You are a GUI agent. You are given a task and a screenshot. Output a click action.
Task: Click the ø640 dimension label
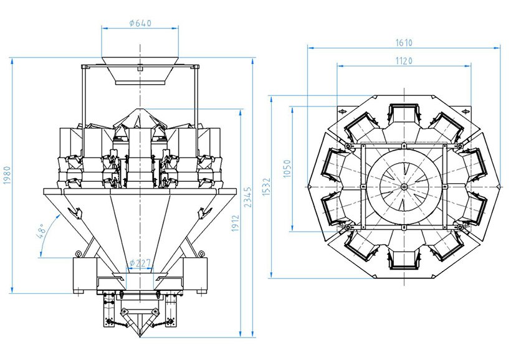pos(140,23)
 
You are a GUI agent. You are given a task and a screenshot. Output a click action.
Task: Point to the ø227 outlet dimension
pos(140,263)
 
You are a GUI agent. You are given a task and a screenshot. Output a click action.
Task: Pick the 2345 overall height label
pos(249,197)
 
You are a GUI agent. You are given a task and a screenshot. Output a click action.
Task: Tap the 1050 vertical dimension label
pos(287,169)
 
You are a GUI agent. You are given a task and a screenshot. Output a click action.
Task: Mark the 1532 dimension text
pos(266,187)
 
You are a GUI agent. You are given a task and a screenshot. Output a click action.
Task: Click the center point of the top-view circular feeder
pos(404,186)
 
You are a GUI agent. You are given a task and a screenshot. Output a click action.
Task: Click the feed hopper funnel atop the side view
pos(141,71)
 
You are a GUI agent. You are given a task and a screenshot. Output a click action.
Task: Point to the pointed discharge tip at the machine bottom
pos(141,334)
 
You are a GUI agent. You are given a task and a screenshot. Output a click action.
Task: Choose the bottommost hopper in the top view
pos(404,258)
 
